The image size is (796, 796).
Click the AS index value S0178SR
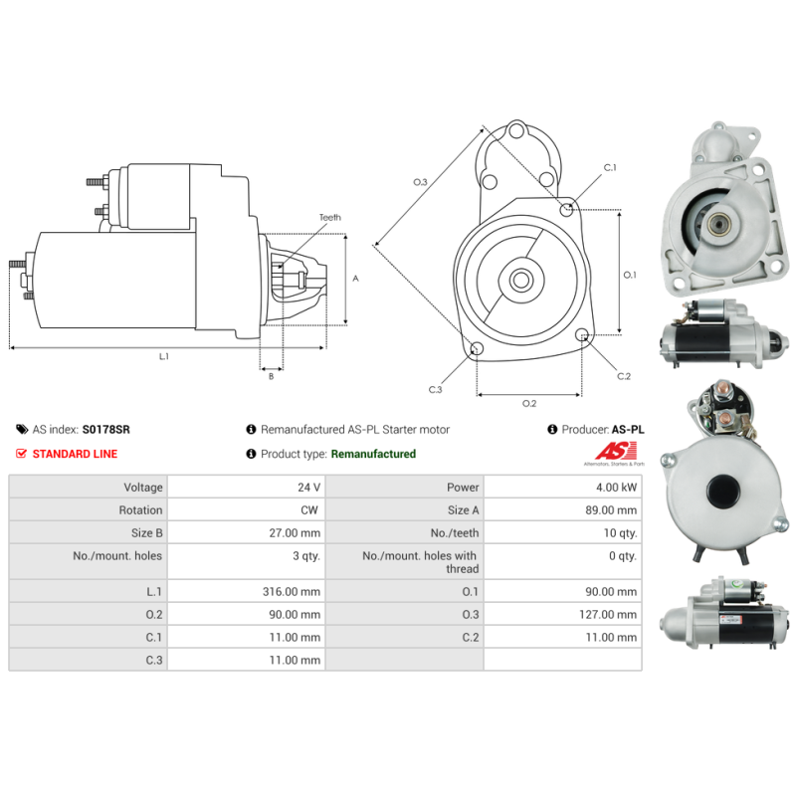(105, 430)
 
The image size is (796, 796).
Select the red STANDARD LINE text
(75, 454)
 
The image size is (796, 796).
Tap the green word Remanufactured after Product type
(373, 454)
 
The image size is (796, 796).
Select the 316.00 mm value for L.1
(296, 591)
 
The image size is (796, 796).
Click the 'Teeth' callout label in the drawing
(329, 217)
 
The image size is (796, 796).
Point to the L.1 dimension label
(164, 356)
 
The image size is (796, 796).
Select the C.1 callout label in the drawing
(610, 167)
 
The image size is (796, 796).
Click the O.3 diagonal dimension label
(420, 182)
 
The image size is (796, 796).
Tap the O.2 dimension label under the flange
(529, 403)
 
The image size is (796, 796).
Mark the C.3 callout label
(435, 389)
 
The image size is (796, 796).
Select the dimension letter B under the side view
(270, 376)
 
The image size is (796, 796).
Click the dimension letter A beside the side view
(355, 279)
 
